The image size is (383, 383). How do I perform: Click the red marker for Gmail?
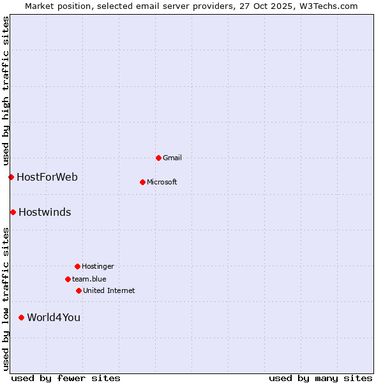tap(158, 158)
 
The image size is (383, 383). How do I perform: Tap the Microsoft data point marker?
tap(142, 182)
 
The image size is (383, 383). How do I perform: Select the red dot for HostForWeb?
tap(11, 177)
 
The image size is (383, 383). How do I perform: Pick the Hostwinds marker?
tap(13, 212)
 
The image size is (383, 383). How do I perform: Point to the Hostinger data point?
tap(77, 266)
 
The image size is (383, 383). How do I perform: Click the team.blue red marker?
tap(68, 279)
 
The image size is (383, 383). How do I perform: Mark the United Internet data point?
tap(79, 290)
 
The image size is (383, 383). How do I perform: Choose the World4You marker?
tap(21, 317)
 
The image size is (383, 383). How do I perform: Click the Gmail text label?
tap(172, 158)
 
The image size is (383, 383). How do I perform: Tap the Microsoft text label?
tap(162, 182)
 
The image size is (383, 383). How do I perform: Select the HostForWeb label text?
tap(47, 177)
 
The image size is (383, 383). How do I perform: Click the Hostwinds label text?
tap(45, 212)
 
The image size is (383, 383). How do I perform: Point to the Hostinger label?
tap(98, 266)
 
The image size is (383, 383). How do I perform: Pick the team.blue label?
tap(89, 279)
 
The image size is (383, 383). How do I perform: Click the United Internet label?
tap(109, 290)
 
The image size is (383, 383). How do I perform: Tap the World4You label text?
tap(54, 317)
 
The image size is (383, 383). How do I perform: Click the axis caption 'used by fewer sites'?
tap(66, 378)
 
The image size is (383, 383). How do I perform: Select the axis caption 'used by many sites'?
tap(320, 378)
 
